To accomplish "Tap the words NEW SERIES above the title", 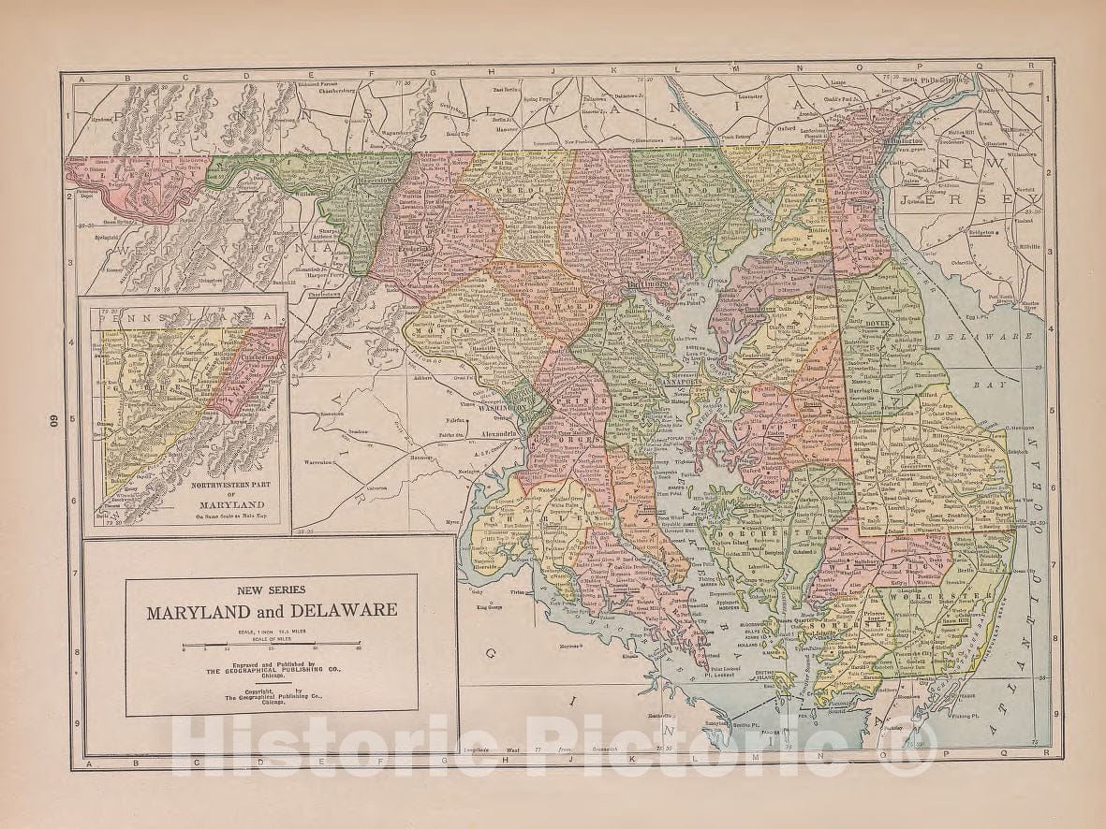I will point(271,589).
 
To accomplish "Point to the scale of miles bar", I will point(272,644).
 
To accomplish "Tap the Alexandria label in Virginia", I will point(497,434).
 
